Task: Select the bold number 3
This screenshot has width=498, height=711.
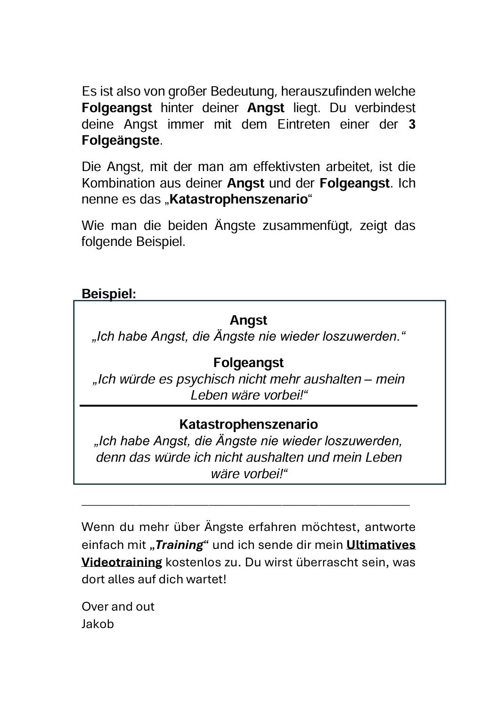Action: click(412, 124)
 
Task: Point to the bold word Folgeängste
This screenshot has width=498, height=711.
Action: click(121, 141)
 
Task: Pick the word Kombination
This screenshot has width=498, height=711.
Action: click(112, 183)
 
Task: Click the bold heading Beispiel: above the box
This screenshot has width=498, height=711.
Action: click(109, 294)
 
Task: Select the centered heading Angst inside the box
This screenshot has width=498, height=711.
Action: click(248, 320)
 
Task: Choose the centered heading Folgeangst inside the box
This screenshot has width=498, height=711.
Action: click(248, 363)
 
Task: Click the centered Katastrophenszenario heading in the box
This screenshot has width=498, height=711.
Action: click(248, 425)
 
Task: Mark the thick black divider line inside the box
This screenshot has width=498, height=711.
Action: click(248, 405)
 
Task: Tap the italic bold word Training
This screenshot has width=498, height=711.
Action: click(179, 545)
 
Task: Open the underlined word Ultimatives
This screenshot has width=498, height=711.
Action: click(381, 545)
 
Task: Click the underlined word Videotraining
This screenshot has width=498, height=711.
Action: click(122, 562)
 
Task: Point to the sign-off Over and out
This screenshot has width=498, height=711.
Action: click(118, 606)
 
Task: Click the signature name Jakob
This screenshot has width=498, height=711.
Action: click(98, 624)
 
